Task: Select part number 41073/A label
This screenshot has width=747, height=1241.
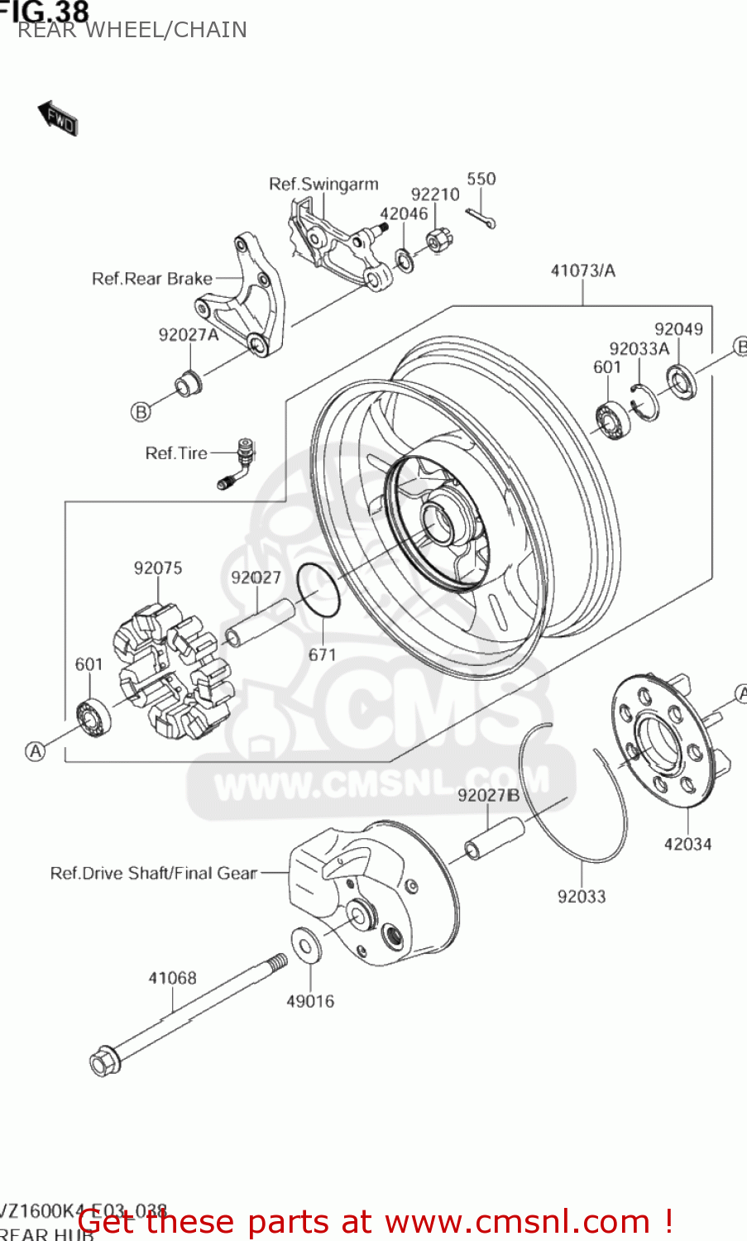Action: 582,271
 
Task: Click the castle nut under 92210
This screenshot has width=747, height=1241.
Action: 438,241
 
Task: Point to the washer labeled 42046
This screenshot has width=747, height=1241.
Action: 405,261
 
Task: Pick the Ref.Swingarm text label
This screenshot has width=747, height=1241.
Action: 323,184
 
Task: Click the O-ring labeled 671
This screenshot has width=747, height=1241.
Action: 318,590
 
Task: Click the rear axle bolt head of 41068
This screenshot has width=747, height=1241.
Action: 104,1061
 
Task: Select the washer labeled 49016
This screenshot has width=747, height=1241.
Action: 308,945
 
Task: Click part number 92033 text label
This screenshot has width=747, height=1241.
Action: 581,896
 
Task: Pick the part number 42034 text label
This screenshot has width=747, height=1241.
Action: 687,844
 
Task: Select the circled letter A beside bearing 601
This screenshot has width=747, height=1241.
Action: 35,751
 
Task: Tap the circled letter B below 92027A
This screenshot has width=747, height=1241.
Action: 141,411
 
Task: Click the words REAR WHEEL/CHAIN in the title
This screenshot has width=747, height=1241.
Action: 132,30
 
